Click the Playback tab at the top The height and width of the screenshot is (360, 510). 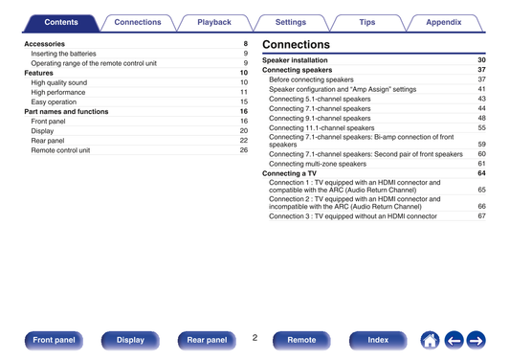coord(214,22)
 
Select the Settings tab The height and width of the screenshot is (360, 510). coord(291,22)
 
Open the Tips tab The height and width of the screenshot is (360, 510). coord(367,22)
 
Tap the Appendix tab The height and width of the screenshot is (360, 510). coord(444,22)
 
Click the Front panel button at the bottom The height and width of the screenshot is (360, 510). coord(54,340)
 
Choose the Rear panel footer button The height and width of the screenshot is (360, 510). coord(207,340)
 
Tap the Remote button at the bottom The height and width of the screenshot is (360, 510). coord(301,340)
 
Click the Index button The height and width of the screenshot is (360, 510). coord(378,340)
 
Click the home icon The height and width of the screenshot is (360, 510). coord(430,341)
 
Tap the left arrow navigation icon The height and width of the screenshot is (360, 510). coord(455,341)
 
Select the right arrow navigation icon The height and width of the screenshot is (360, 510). coord(477,341)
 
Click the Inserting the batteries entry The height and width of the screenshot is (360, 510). coord(63,54)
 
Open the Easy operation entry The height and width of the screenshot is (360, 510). coord(54,101)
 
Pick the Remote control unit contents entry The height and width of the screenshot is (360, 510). coord(60,150)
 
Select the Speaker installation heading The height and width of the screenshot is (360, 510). coord(295,60)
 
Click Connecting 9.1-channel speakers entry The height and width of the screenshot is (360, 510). coord(320,119)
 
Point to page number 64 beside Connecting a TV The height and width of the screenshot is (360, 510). coord(481,173)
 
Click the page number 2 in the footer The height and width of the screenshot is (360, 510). coord(255,338)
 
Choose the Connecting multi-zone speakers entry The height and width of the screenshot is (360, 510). coord(318,164)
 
